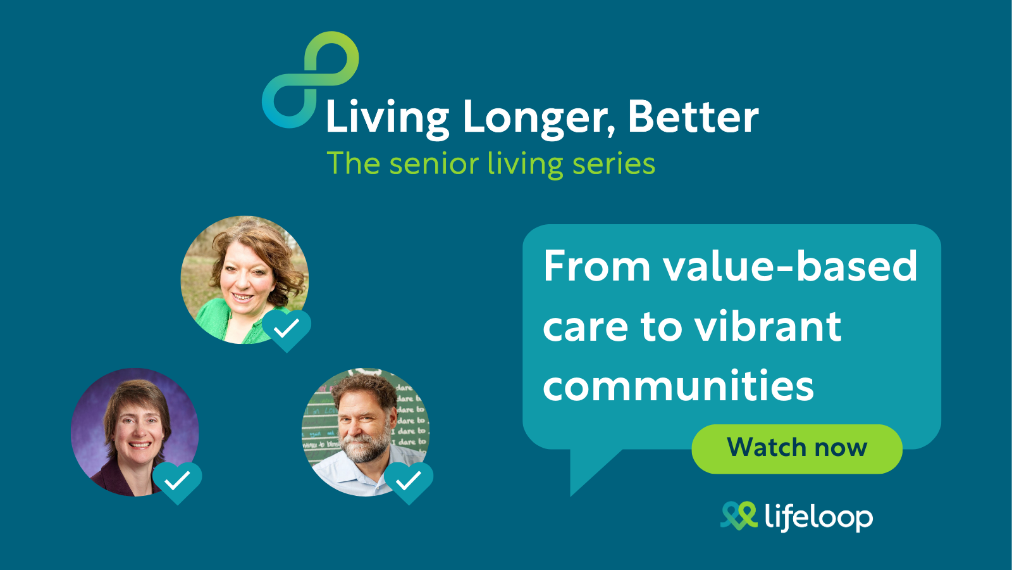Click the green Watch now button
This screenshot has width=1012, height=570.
(797, 449)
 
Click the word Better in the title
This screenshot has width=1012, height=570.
(693, 117)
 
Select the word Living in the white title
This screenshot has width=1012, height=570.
(387, 118)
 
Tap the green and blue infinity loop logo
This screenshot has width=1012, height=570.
(311, 80)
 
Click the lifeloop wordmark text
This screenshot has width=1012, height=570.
(818, 517)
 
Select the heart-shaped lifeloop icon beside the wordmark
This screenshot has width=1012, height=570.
(739, 516)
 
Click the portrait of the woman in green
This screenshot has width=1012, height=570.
(244, 279)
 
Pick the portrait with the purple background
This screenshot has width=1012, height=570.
(135, 432)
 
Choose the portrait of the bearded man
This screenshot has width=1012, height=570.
(366, 432)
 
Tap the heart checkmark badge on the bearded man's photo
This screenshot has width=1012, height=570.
(409, 482)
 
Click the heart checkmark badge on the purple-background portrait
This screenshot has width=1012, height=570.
(177, 482)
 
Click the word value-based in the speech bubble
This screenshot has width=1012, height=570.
(790, 266)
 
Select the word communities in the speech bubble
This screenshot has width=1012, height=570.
(678, 386)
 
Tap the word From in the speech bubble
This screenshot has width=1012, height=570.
(597, 266)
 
